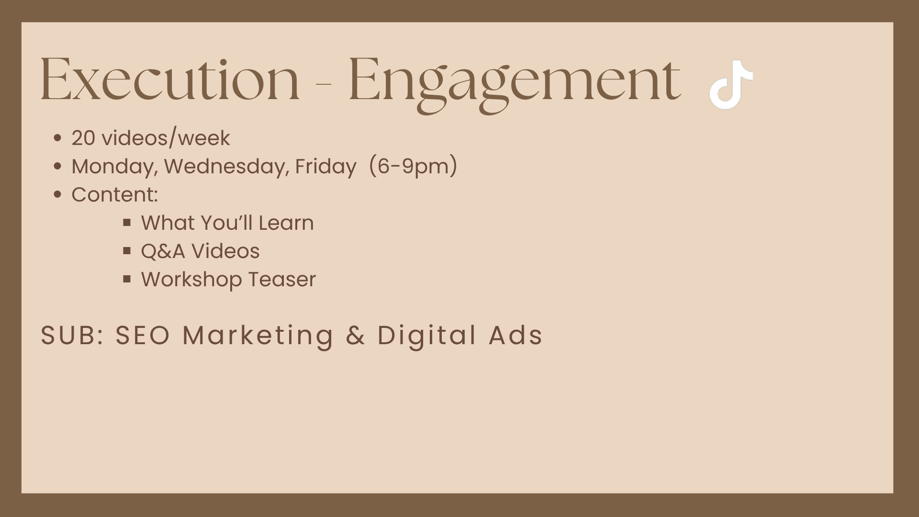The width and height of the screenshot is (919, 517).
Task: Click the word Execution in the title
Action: [x=170, y=79]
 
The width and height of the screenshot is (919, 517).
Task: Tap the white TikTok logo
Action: [x=731, y=84]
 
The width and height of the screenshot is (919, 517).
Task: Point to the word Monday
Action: [x=115, y=167]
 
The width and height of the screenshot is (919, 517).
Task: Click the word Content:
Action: [x=115, y=195]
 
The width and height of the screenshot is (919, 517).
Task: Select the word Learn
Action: [x=286, y=223]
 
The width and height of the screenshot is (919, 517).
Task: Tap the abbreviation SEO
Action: [x=143, y=335]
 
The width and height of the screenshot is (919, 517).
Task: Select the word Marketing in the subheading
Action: [x=258, y=336]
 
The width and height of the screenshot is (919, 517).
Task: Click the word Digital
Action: [x=427, y=336]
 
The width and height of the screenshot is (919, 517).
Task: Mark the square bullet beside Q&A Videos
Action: [x=127, y=250]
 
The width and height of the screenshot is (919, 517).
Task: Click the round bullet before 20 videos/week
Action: [x=58, y=138]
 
